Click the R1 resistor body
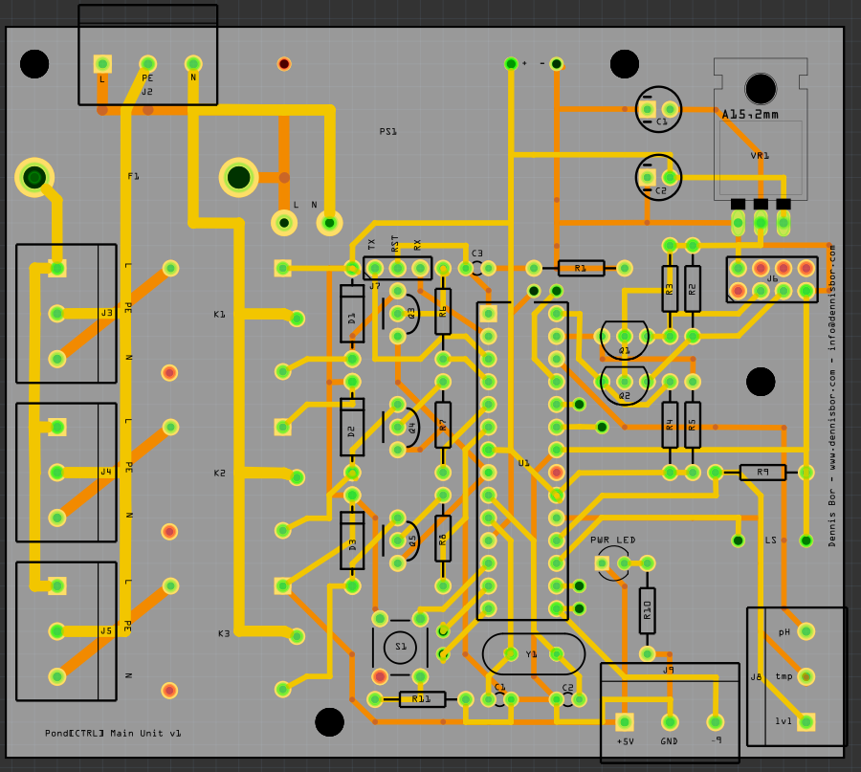pyautogui.click(x=581, y=268)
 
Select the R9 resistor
pyautogui.click(x=762, y=472)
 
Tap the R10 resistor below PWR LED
pyautogui.click(x=647, y=609)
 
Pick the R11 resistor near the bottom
pyautogui.click(x=421, y=699)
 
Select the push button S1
pyautogui.click(x=400, y=647)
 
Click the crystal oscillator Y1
pyautogui.click(x=533, y=654)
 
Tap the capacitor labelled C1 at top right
pyautogui.click(x=659, y=110)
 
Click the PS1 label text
pyautogui.click(x=387, y=132)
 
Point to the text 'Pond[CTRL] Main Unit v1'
pyautogui.click(x=113, y=734)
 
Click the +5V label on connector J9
pyautogui.click(x=625, y=741)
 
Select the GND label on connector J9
pyautogui.click(x=669, y=741)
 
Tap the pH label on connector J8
pyautogui.click(x=784, y=632)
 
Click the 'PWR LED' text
pyautogui.click(x=612, y=540)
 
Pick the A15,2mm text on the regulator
pyautogui.click(x=750, y=115)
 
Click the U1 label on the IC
pyautogui.click(x=523, y=463)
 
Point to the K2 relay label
pyautogui.click(x=220, y=473)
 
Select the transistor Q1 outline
pyautogui.click(x=625, y=337)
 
